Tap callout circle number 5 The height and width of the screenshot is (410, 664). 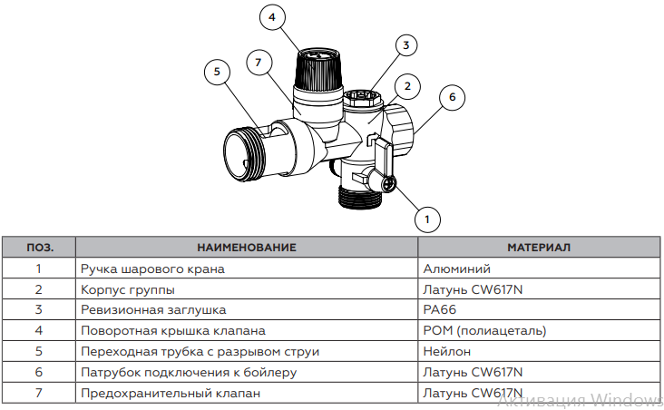point(217,72)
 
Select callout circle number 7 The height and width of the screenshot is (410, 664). point(259,62)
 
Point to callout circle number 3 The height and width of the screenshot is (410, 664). point(406,44)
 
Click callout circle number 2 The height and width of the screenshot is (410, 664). point(408,87)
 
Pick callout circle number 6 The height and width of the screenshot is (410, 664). point(452,95)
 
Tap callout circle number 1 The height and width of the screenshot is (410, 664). point(427,218)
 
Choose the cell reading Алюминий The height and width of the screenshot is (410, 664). point(457,268)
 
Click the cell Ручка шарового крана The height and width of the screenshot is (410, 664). point(151,268)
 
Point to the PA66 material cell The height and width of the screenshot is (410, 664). point(439,309)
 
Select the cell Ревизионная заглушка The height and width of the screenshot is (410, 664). point(153,309)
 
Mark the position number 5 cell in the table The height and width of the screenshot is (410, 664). point(39,351)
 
